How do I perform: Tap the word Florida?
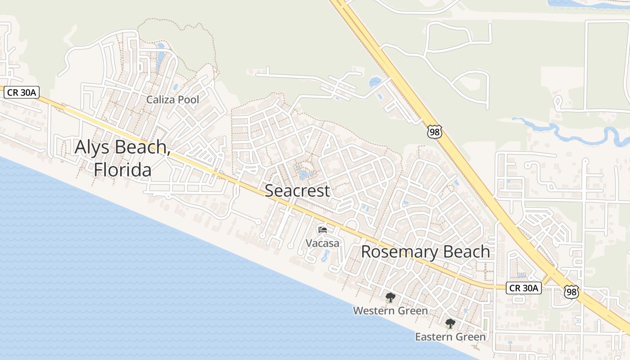coord(122,170)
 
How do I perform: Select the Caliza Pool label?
coord(172,99)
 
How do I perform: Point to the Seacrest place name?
coord(297,191)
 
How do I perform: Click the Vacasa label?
coord(322,243)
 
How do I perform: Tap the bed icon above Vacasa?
coord(322,230)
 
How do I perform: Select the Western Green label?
coord(390,310)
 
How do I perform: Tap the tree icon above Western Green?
coord(390,297)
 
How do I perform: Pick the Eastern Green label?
coord(450,337)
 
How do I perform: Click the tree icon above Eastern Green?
coord(450,323)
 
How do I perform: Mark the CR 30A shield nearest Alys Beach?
coord(22,93)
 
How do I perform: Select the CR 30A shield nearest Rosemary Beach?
coord(524,288)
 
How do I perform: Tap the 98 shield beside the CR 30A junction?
coord(571,292)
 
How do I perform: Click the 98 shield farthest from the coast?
coord(435,132)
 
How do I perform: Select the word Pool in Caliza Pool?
coord(188,99)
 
